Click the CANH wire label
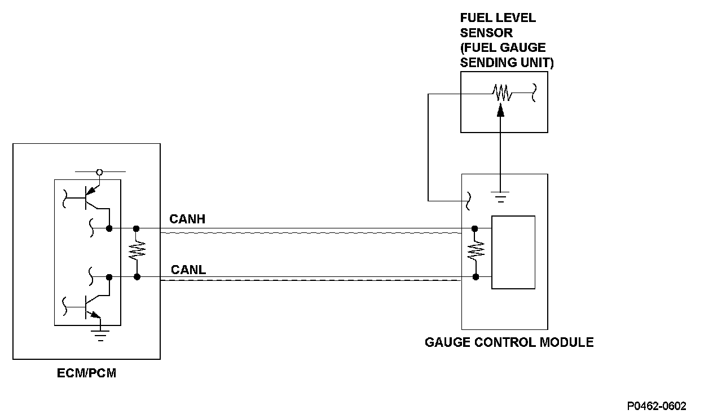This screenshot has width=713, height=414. (187, 219)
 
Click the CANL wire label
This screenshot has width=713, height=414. (188, 270)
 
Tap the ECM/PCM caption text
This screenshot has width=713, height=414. (87, 373)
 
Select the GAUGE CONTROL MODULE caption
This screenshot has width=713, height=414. (509, 342)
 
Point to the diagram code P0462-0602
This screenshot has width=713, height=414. (656, 406)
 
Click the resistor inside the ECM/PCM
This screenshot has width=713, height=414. (136, 252)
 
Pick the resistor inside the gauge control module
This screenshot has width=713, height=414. (476, 252)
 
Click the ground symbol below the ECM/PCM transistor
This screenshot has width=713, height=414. (100, 336)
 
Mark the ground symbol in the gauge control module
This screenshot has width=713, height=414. (500, 196)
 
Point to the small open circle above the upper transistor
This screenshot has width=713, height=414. (100, 171)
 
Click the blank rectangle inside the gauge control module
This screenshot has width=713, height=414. (513, 252)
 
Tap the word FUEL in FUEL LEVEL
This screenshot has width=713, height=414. (475, 17)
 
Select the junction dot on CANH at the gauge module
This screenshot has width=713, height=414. (475, 228)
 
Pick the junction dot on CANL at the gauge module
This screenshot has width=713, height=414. (476, 277)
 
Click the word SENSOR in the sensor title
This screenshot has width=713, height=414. (486, 33)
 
